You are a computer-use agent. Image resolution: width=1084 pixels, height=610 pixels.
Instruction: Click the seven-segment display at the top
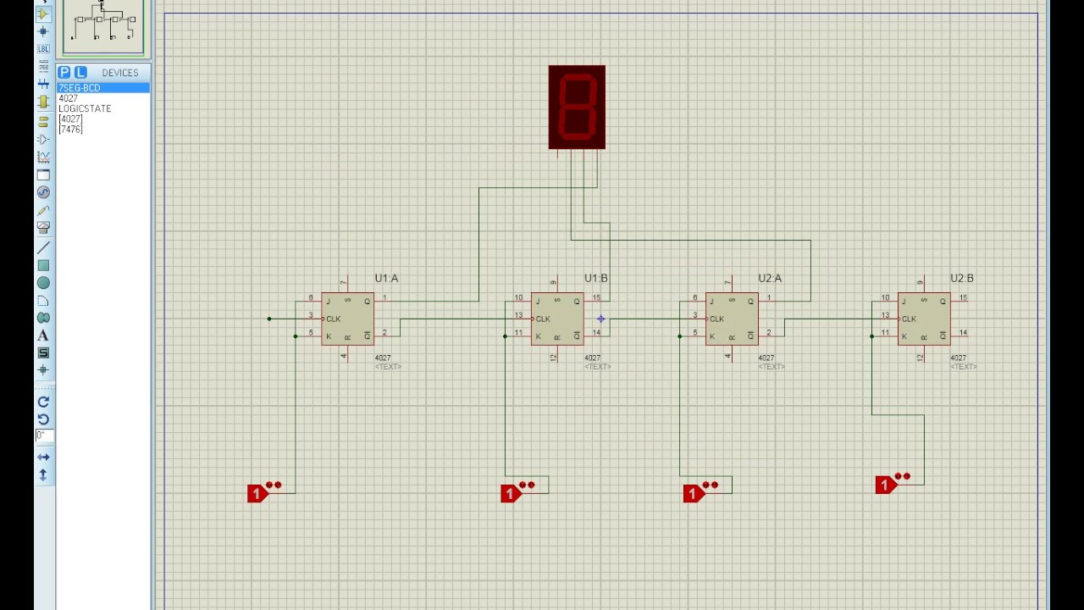click(577, 107)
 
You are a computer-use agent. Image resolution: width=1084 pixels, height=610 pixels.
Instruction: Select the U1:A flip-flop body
click(347, 319)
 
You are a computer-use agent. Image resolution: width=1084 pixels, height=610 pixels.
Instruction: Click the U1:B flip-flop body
click(557, 319)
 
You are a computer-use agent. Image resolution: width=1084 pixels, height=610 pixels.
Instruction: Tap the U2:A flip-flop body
click(732, 319)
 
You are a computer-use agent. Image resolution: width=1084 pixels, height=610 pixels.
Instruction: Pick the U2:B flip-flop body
click(924, 319)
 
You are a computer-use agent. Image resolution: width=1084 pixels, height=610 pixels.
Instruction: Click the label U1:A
click(386, 278)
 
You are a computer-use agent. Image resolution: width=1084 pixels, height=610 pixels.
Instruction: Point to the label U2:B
click(961, 278)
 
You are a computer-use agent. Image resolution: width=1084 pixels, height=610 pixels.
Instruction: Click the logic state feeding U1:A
click(258, 493)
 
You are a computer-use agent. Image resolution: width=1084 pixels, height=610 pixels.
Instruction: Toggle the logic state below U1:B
click(511, 493)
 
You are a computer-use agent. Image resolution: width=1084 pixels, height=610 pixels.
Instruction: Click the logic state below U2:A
click(694, 493)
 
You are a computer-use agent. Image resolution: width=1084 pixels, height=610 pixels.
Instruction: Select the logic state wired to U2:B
click(886, 485)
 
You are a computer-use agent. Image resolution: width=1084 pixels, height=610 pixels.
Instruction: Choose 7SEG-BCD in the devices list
click(80, 88)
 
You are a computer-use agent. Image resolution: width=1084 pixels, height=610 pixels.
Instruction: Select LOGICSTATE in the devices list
click(85, 108)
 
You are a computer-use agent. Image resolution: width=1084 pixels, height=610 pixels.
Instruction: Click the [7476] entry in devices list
click(71, 130)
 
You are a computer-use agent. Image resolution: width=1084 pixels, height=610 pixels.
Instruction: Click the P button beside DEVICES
click(64, 73)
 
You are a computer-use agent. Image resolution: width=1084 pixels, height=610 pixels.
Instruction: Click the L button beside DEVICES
click(80, 73)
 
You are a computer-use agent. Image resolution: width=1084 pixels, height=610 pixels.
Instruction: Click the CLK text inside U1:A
click(334, 319)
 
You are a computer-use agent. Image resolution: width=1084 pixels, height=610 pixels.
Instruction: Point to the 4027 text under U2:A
click(766, 358)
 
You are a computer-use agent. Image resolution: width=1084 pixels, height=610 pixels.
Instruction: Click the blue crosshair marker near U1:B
click(600, 319)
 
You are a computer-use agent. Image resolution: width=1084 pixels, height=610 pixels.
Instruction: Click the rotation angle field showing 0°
click(43, 435)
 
